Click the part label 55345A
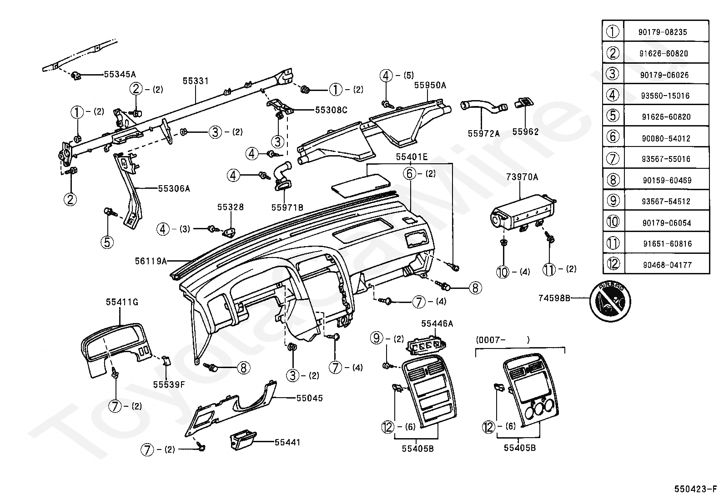(x=120, y=74)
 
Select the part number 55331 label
(x=196, y=81)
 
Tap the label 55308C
(x=331, y=110)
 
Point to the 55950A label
(x=430, y=85)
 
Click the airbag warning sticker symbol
(x=610, y=301)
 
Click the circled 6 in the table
(x=613, y=136)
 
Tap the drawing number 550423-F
(x=695, y=489)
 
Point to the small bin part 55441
(x=243, y=439)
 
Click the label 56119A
(x=151, y=261)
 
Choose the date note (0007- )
(x=503, y=340)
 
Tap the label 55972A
(x=484, y=133)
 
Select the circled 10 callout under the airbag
(x=503, y=272)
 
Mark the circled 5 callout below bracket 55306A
(x=107, y=242)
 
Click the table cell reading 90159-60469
(x=667, y=180)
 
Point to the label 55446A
(x=437, y=323)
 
